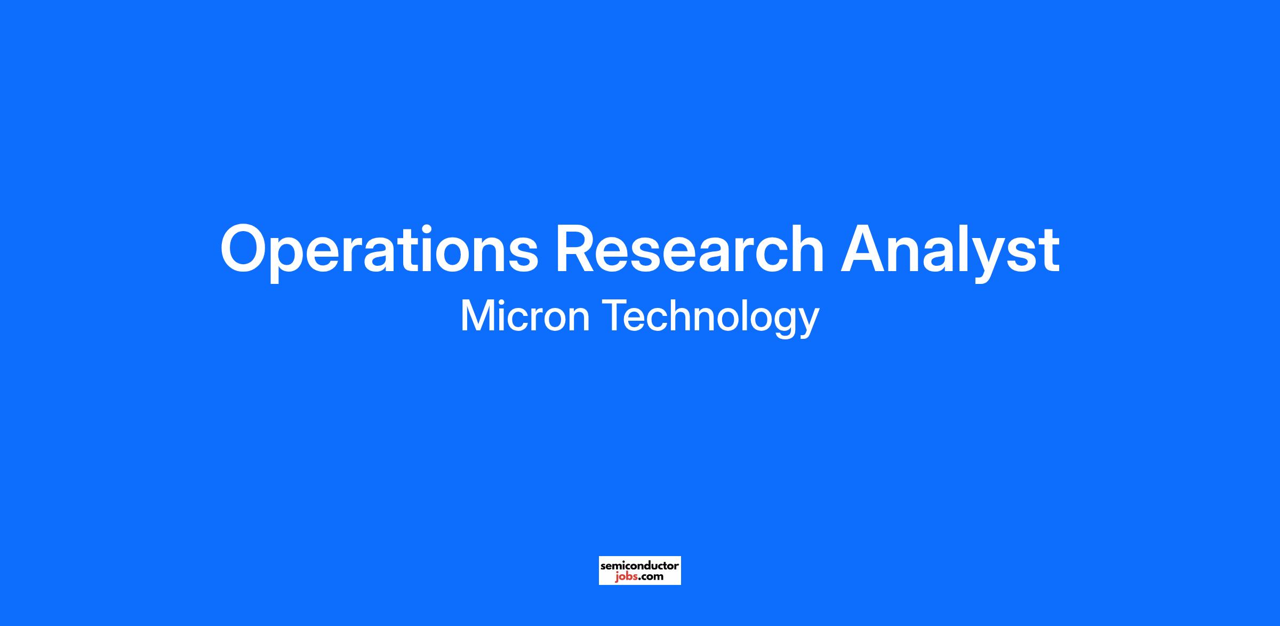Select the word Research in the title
(689, 248)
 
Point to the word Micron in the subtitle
(525, 316)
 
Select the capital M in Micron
(477, 316)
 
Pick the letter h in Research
(805, 248)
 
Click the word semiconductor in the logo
(639, 565)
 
